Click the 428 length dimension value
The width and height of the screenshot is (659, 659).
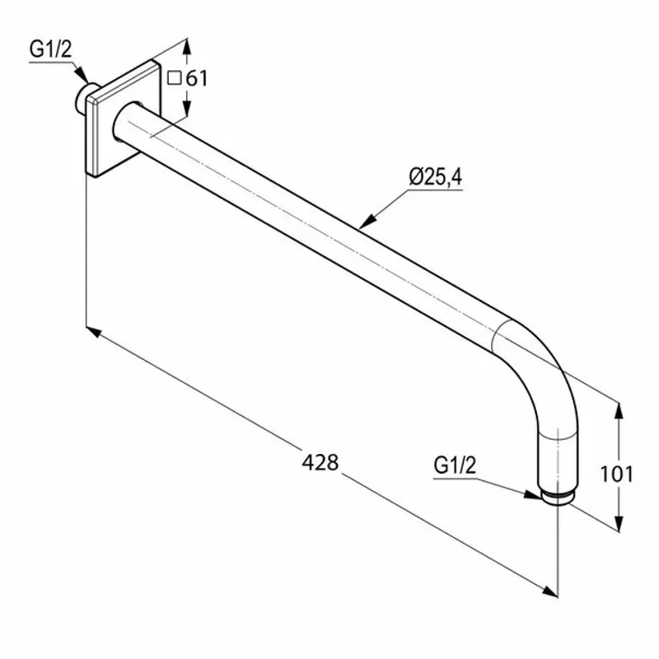tap(320, 463)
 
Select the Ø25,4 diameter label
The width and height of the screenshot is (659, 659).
tap(434, 175)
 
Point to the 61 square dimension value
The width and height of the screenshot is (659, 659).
tap(197, 79)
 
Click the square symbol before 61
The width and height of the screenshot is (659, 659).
tap(174, 79)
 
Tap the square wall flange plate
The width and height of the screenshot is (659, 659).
tap(122, 119)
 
